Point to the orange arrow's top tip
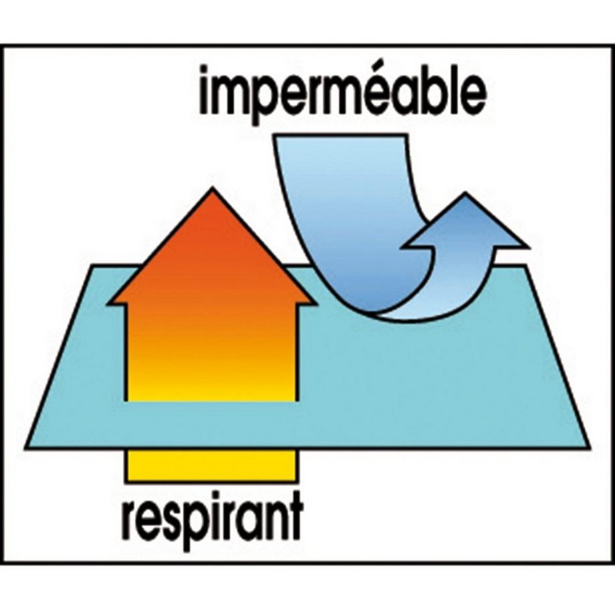(212, 189)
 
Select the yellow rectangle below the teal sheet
(212, 465)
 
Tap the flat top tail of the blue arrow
(340, 136)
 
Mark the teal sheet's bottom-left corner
(26, 447)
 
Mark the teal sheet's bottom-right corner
(590, 447)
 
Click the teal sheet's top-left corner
(93, 266)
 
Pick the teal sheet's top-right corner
(525, 266)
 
